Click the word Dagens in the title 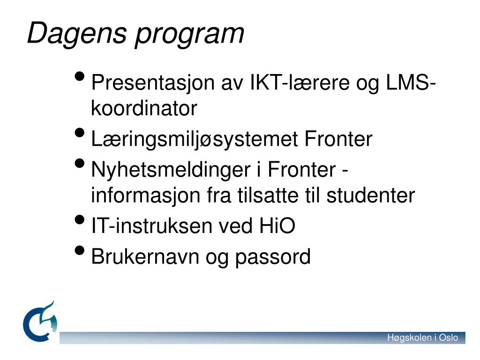click(76, 33)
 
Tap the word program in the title click(189, 34)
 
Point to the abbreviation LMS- click(411, 83)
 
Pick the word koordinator click(144, 109)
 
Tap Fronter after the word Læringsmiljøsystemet click(338, 139)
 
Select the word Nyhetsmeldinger click(175, 170)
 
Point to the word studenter click(370, 195)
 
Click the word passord click(273, 257)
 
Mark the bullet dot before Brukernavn click(80, 251)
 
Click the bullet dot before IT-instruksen click(80, 220)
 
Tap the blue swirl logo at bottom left click(41, 322)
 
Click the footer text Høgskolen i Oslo click(422, 338)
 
